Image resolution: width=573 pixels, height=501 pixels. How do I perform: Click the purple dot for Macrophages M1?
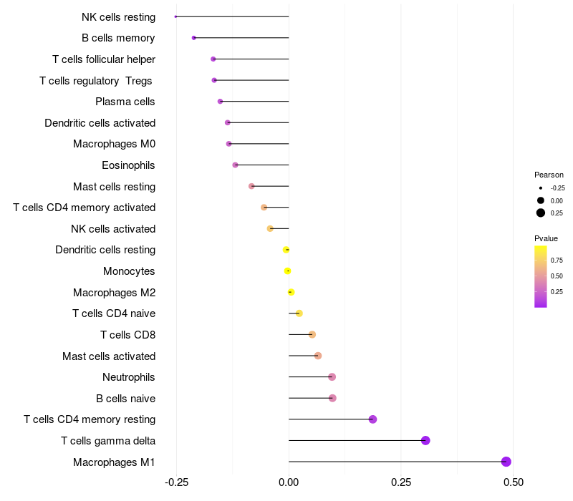point(506,462)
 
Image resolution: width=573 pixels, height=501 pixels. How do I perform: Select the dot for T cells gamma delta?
point(425,440)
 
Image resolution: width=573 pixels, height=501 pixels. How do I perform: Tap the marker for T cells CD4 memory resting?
point(372,419)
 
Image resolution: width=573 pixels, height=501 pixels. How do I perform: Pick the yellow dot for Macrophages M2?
point(291,292)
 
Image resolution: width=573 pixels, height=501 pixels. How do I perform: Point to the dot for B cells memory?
point(194,38)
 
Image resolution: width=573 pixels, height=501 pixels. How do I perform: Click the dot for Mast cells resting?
point(251,186)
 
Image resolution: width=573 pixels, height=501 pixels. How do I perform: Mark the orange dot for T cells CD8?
point(312,334)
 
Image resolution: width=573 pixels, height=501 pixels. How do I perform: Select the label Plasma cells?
point(125,102)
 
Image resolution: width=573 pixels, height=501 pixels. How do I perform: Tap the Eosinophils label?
point(128,165)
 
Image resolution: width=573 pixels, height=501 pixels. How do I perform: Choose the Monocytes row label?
point(129,271)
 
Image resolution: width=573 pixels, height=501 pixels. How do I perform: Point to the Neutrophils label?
point(129,377)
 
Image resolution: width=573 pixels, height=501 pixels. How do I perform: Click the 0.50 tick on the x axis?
point(513,482)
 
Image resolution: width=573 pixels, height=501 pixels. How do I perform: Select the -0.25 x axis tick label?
point(176,482)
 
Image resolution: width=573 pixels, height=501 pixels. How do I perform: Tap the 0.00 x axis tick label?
point(289,482)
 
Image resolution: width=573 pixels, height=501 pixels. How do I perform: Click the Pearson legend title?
point(549,175)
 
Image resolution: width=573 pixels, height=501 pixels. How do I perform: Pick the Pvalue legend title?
point(546,238)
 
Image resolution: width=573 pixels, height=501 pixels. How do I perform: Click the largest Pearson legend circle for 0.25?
point(541,213)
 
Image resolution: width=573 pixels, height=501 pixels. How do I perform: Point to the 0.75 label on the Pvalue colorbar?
point(557,260)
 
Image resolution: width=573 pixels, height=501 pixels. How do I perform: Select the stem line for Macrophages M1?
point(394,462)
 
